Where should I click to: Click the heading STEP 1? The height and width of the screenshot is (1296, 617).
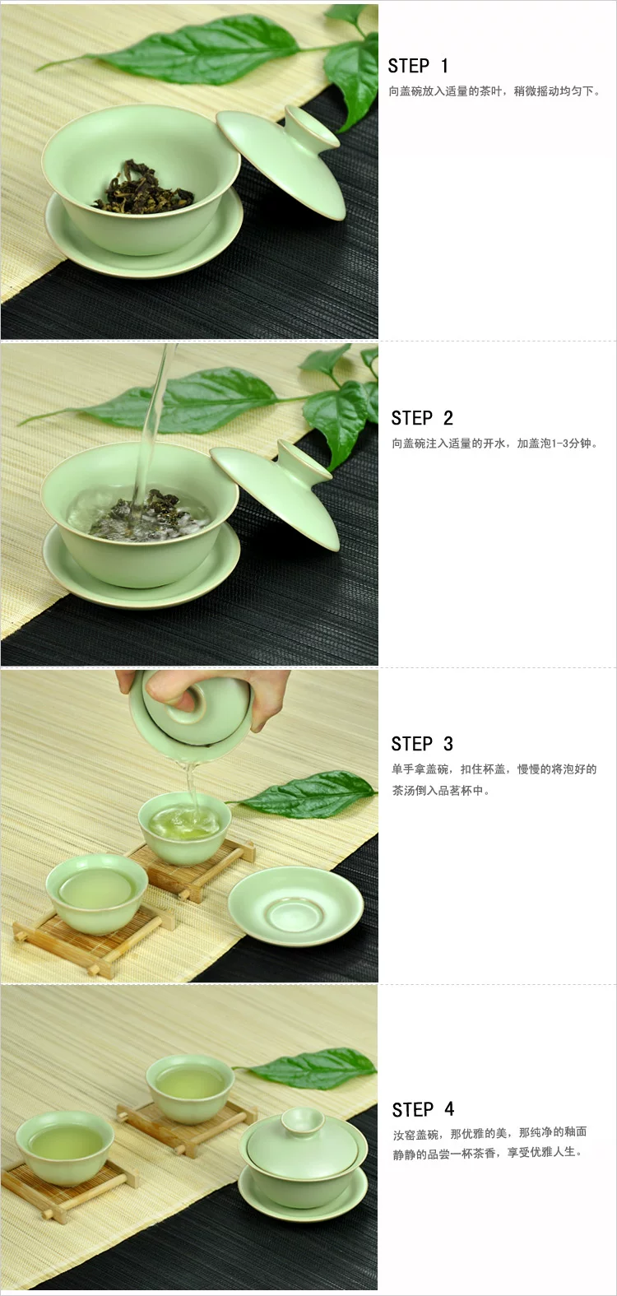(x=418, y=66)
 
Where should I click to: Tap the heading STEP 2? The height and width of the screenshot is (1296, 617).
(x=422, y=418)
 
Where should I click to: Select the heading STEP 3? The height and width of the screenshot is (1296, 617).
(x=422, y=744)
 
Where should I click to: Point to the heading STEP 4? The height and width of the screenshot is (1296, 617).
(x=424, y=1109)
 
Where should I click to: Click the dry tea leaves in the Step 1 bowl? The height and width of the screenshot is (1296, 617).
(x=143, y=188)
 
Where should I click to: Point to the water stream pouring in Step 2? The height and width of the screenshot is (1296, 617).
(x=151, y=422)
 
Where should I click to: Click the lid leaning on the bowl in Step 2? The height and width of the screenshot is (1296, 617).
(x=275, y=495)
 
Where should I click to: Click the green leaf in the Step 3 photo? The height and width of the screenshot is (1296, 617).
(x=304, y=794)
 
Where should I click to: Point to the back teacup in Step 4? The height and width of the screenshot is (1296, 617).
(x=190, y=1089)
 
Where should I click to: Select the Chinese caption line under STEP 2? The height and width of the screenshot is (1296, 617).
(x=494, y=444)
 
